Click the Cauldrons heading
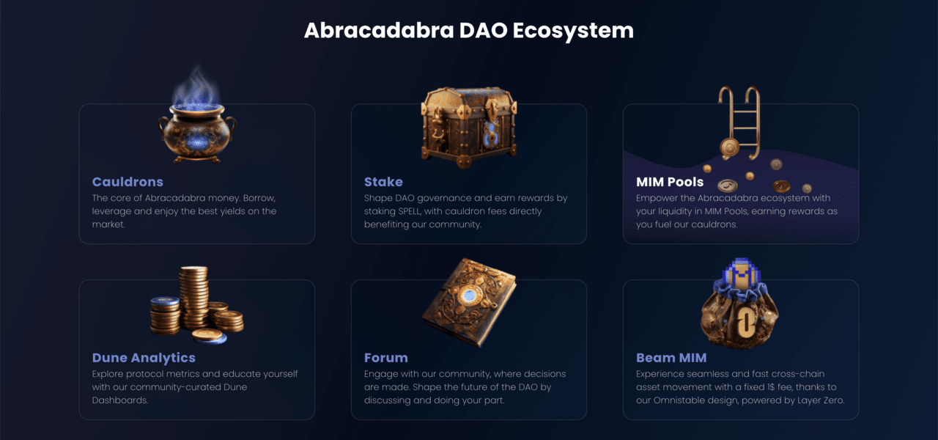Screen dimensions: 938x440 coord(128,182)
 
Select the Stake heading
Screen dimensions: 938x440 coord(383,182)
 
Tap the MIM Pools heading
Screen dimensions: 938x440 coord(670,182)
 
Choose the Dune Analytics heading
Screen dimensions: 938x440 coord(144,358)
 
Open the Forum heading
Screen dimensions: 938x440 coord(385,358)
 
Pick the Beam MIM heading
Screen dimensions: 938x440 coord(671,358)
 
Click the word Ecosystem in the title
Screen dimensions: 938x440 coord(573,31)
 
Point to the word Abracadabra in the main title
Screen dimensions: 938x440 coord(379,30)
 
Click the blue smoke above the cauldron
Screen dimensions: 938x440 coord(197,87)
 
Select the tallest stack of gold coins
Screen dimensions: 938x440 coord(193,297)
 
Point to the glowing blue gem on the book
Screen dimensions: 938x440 coord(470,296)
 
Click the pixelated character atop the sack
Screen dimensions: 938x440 coord(741,274)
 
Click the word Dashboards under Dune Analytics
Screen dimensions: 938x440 coord(119,400)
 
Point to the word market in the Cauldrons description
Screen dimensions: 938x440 coord(108,224)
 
